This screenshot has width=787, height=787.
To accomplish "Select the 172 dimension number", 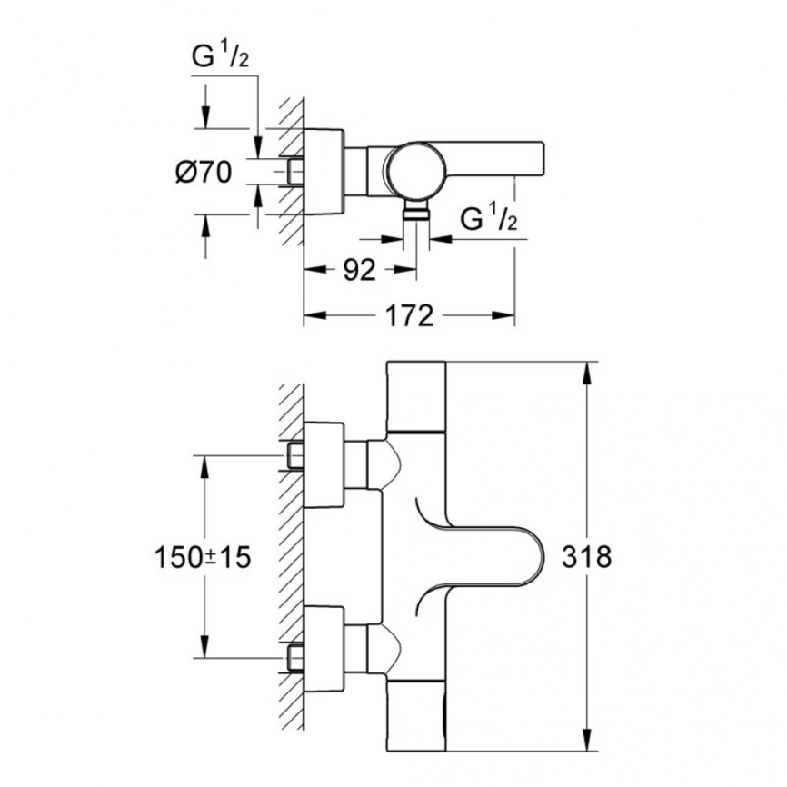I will point(409,317).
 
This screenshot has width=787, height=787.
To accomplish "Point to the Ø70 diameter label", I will point(204,171).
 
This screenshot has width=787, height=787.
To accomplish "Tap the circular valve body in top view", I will point(413,170).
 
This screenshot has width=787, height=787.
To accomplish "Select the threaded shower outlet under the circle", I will point(416,213).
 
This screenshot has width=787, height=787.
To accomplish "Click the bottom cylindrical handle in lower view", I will point(417,714).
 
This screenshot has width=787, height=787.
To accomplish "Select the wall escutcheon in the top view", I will point(324,170).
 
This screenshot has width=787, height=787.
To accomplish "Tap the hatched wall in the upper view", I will point(290,173).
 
